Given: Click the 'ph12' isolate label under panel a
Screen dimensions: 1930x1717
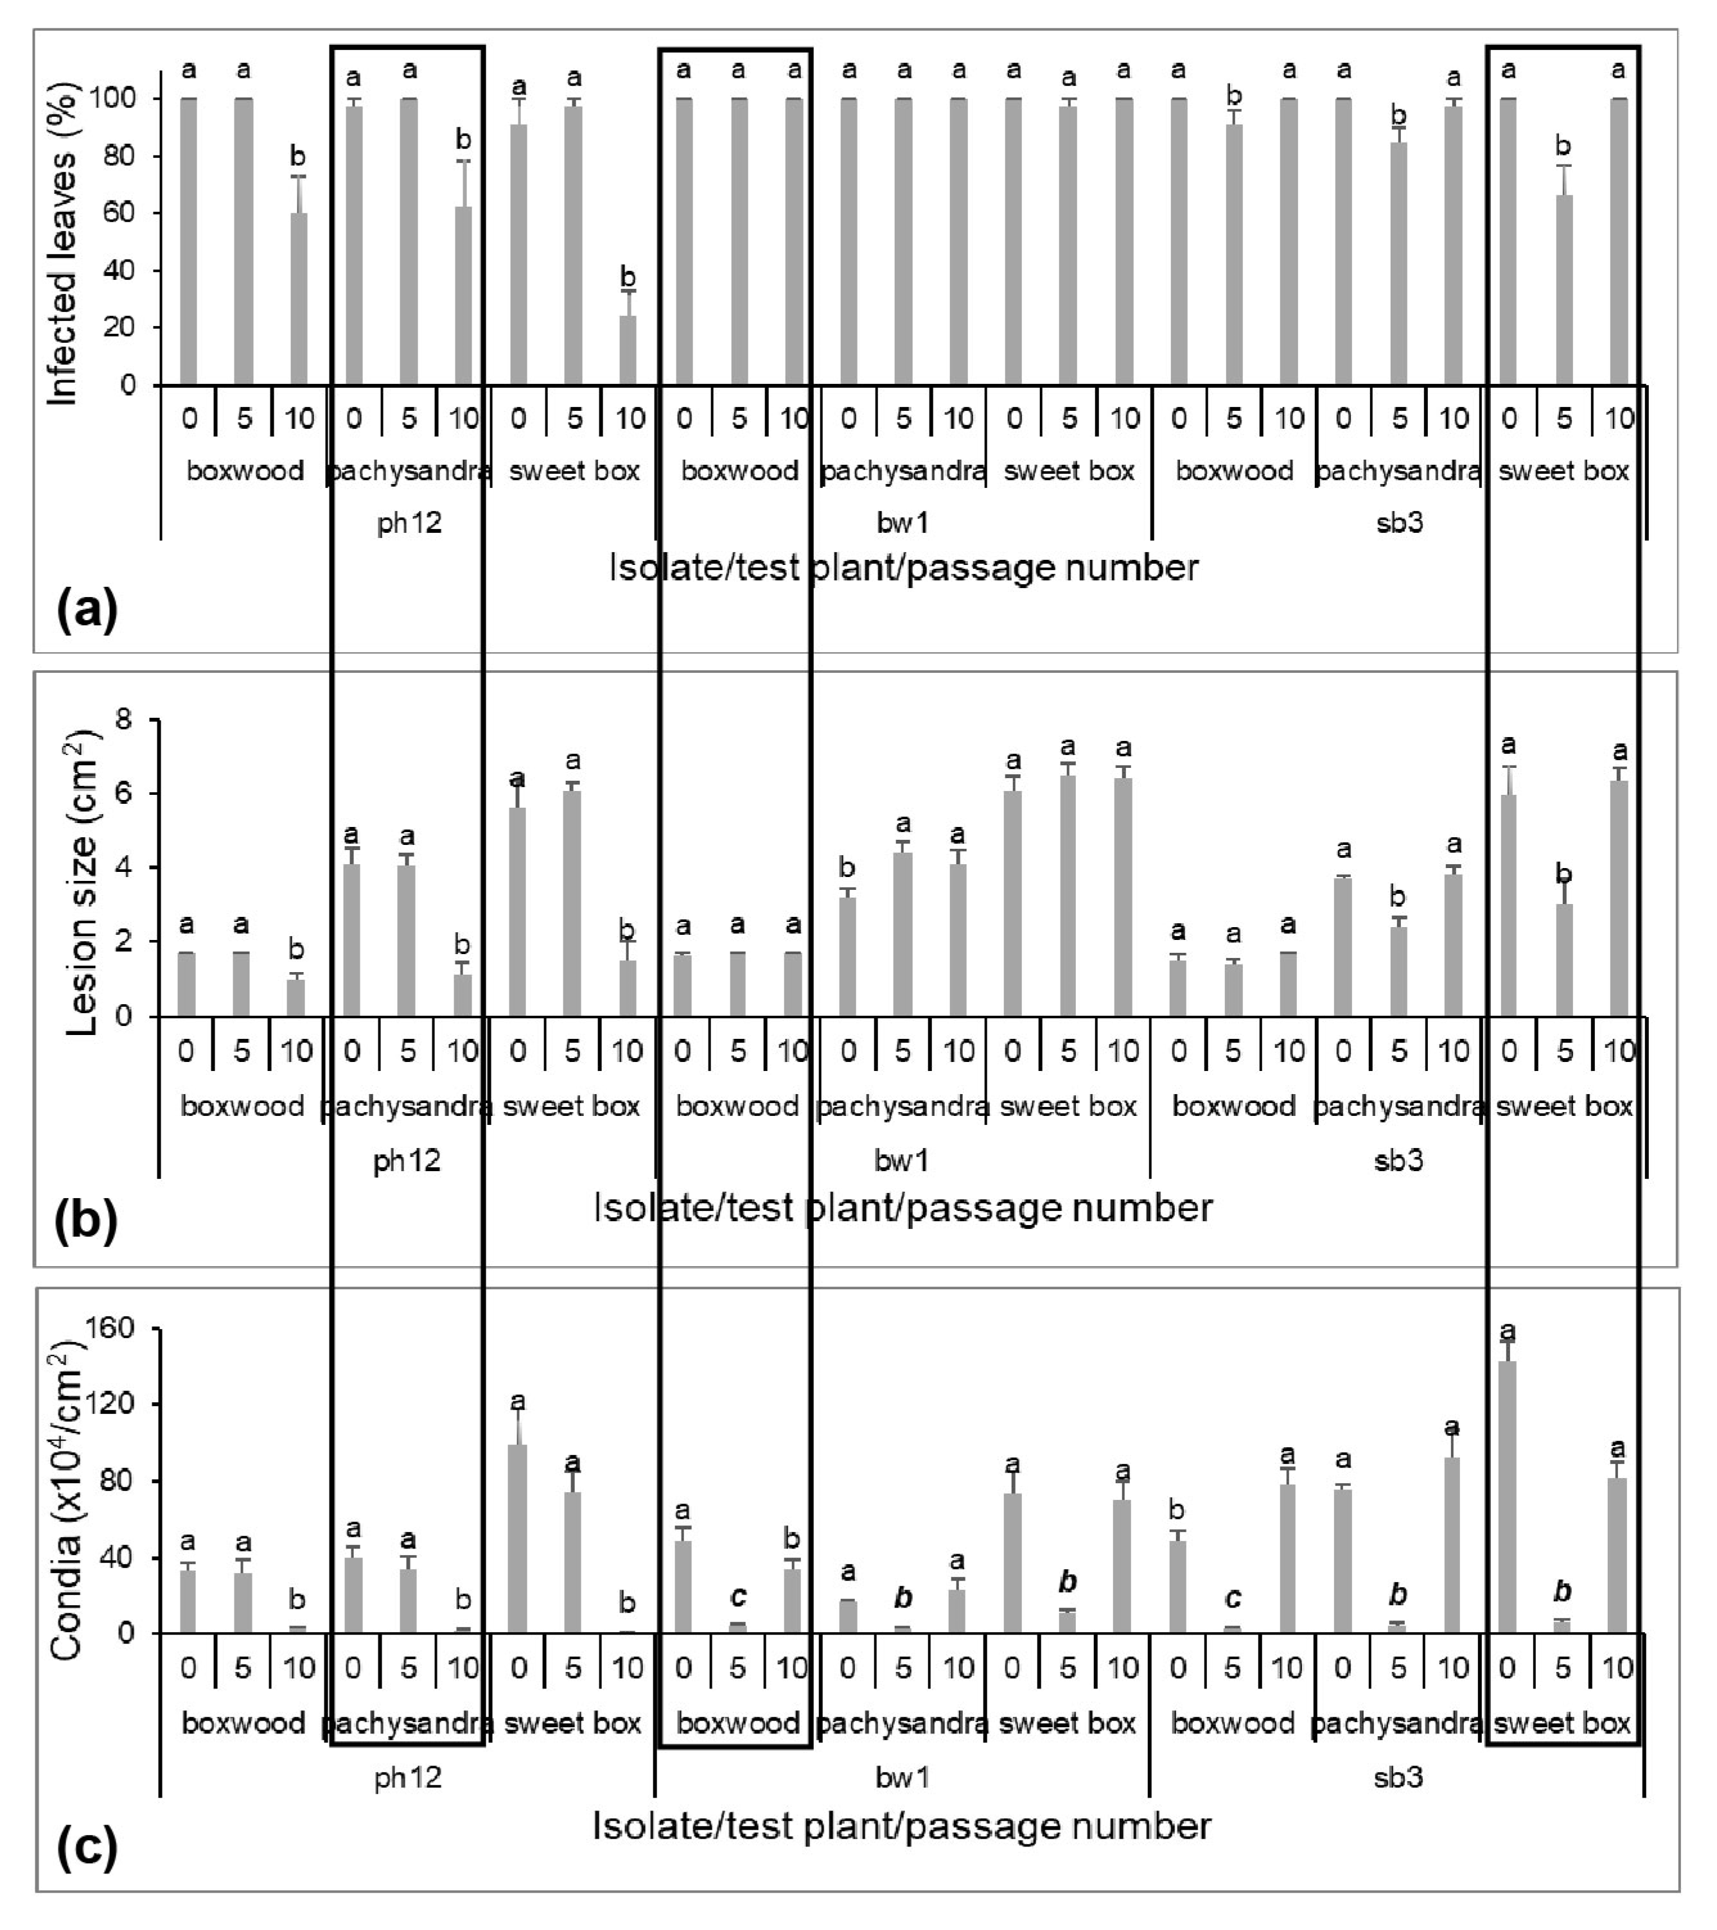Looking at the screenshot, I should pyautogui.click(x=409, y=522).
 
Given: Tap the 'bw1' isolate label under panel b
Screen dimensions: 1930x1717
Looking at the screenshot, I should pyautogui.click(x=902, y=1160).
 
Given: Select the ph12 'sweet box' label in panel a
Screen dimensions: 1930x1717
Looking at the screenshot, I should pyautogui.click(x=574, y=470).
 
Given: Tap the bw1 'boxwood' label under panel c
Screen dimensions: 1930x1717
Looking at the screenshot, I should pyautogui.click(x=737, y=1723).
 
